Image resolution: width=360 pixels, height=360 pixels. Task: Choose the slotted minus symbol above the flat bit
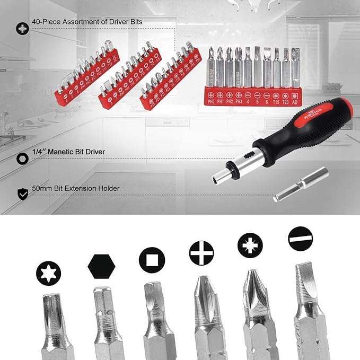click(x=301, y=239)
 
